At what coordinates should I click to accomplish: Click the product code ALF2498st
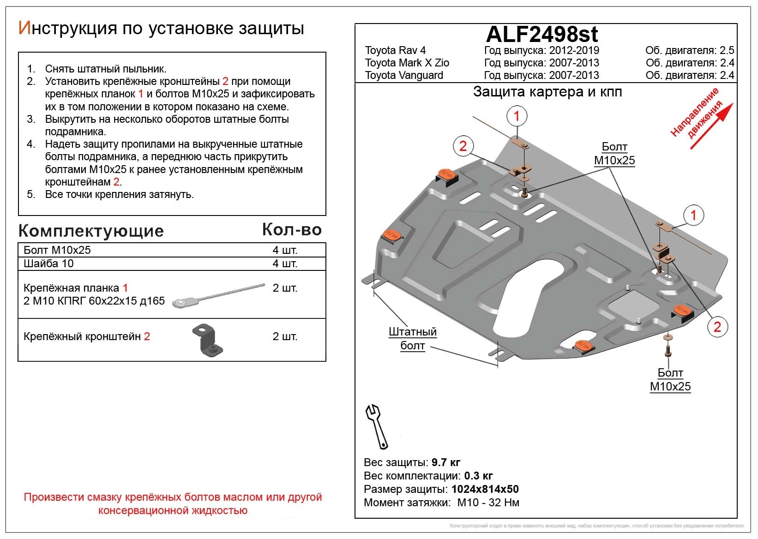click(x=542, y=34)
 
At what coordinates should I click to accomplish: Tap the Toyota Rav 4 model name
click(x=395, y=50)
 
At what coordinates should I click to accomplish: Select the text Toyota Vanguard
click(x=404, y=75)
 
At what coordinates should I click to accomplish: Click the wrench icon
click(x=377, y=426)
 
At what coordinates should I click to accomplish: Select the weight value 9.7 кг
click(x=445, y=462)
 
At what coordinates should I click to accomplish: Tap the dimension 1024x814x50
click(x=485, y=489)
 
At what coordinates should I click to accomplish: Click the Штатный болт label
click(x=412, y=339)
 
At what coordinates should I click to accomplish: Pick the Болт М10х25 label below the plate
click(x=670, y=380)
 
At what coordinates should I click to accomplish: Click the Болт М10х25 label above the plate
click(x=614, y=154)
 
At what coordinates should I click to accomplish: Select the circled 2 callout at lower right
click(x=717, y=327)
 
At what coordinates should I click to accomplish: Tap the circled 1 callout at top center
click(x=517, y=116)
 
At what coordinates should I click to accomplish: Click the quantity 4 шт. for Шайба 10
click(x=285, y=264)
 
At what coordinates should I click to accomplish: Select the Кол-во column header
click(x=292, y=229)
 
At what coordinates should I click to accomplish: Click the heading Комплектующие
click(x=91, y=231)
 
